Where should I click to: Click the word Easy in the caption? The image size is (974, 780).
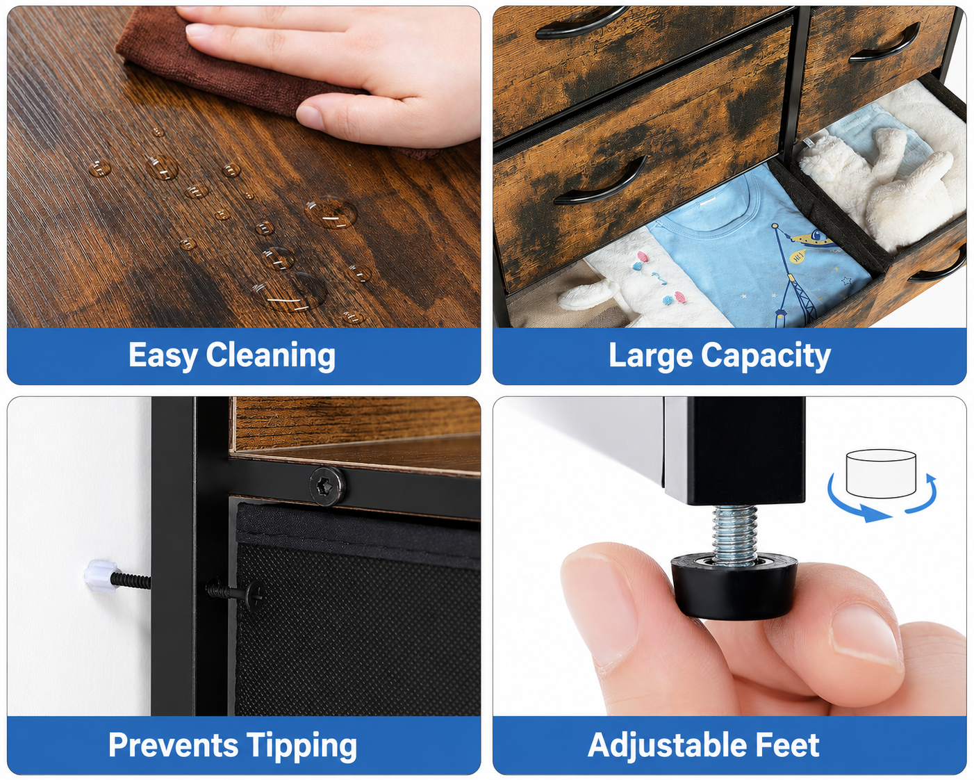163,356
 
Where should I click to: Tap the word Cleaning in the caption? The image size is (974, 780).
271,356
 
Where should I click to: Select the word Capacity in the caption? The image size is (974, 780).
766,356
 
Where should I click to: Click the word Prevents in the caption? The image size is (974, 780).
174,745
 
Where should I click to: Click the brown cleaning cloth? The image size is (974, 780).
236,68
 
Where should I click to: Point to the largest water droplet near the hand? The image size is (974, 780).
332,212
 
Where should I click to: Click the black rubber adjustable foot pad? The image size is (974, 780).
734,586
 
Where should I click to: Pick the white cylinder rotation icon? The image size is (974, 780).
881,473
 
